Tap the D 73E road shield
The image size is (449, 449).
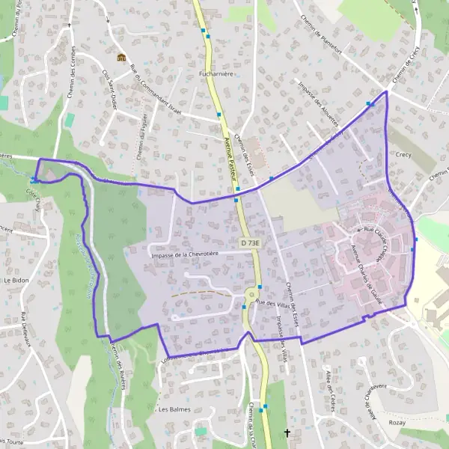coord(251,243)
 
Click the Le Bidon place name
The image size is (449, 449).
coord(16,279)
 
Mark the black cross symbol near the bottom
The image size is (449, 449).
coord(287,433)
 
